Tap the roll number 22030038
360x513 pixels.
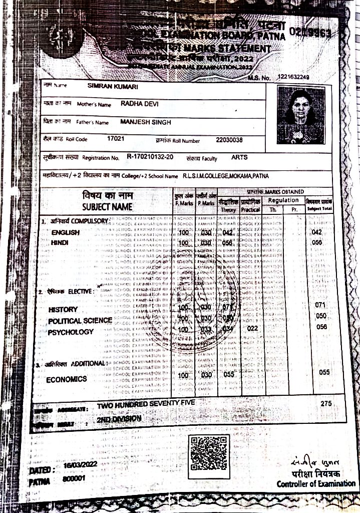[229, 140]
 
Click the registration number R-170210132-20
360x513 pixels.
[150, 157]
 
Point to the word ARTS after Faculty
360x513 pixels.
[239, 157]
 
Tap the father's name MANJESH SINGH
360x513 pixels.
[146, 122]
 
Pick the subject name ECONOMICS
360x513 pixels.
[67, 379]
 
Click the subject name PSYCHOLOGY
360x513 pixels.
[71, 332]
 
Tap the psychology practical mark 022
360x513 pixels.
[252, 328]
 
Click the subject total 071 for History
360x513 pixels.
[321, 305]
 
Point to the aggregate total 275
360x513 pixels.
[326, 403]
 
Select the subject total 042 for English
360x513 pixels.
[316, 232]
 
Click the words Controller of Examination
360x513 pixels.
[316, 484]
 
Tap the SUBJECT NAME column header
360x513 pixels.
[108, 206]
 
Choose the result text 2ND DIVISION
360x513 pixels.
[119, 418]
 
